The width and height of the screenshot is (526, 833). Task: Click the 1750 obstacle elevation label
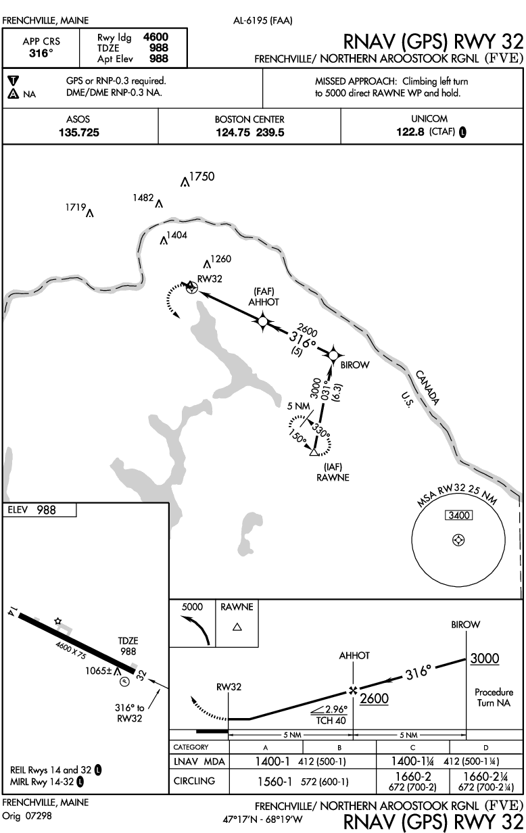click(x=202, y=177)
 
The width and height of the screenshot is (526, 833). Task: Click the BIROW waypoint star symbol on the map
click(x=333, y=354)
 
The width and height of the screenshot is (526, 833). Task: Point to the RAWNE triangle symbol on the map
click(x=313, y=452)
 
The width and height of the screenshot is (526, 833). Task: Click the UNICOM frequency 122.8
click(x=410, y=133)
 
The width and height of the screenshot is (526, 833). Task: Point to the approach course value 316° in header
click(x=42, y=52)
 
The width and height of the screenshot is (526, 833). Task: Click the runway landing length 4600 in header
click(x=156, y=38)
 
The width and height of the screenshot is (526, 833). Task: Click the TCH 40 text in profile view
click(x=329, y=721)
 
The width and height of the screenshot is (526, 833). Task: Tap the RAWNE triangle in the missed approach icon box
click(x=237, y=627)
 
